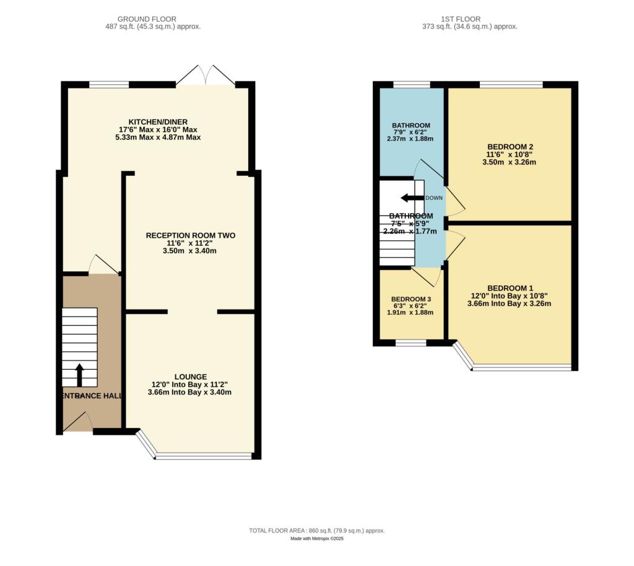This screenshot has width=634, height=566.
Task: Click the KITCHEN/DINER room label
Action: point(158,121)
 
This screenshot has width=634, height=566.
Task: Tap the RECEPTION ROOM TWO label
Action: point(191,235)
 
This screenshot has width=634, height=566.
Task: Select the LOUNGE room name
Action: point(190,377)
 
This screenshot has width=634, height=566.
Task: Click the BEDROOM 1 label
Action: point(510,288)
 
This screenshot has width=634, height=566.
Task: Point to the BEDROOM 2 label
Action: point(510,146)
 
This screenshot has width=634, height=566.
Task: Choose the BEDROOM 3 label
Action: point(412,299)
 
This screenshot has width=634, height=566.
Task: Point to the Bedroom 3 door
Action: point(427,276)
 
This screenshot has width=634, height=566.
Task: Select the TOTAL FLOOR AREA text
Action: point(317,531)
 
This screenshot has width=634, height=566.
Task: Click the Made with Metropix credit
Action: point(317,539)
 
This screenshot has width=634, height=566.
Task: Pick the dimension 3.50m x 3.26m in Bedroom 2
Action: point(510,162)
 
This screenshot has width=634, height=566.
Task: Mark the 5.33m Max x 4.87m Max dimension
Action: point(158,137)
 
